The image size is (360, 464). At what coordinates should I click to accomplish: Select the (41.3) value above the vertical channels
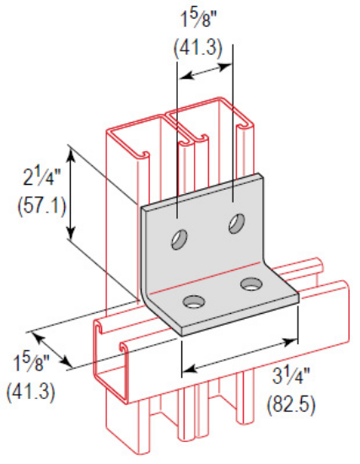[198, 48]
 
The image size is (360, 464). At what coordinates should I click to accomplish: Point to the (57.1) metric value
[35, 205]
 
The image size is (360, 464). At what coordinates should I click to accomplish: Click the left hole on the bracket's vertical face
[180, 239]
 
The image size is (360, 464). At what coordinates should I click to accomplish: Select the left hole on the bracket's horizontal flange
[194, 301]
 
